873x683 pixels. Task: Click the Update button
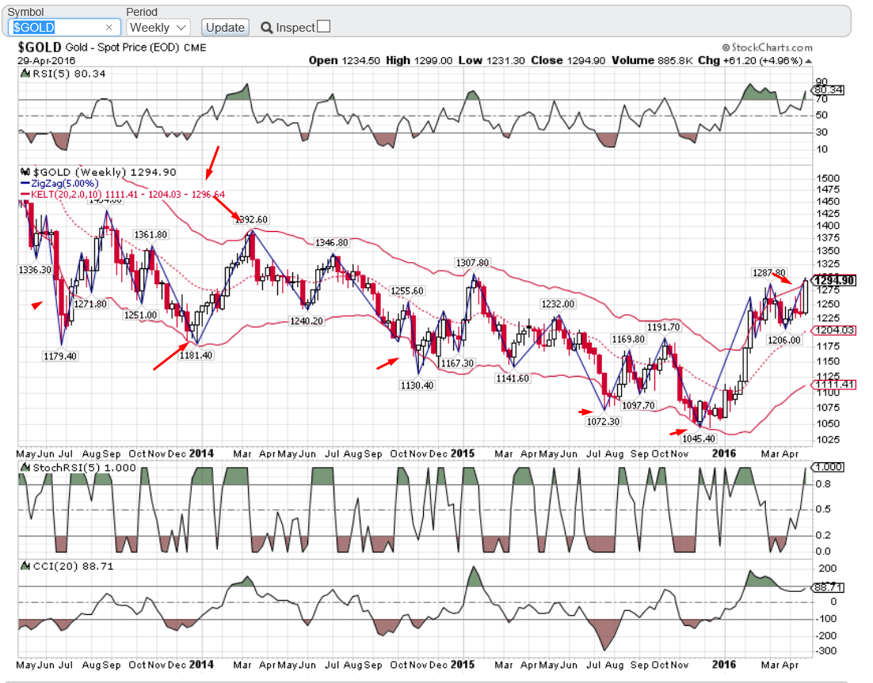click(225, 27)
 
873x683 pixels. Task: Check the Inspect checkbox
click(323, 27)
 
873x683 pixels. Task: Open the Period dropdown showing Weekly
click(158, 27)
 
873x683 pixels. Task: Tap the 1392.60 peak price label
click(252, 219)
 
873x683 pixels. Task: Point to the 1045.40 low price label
click(698, 438)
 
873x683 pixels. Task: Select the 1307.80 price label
click(472, 262)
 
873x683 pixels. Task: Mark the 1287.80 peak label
click(768, 272)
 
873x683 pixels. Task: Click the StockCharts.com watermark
click(767, 47)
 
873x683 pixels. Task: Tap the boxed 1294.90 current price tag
click(835, 280)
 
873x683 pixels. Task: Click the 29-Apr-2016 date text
click(48, 60)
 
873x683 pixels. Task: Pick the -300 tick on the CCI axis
click(826, 651)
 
